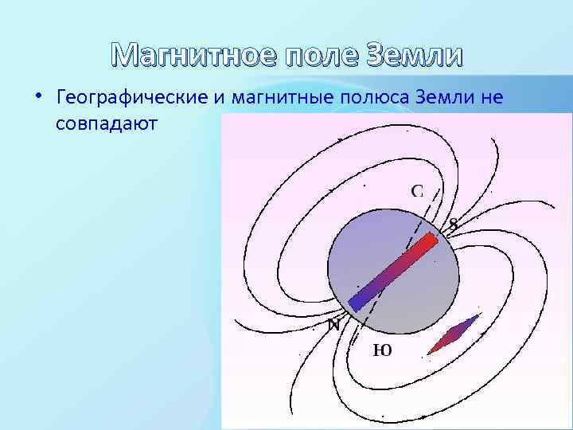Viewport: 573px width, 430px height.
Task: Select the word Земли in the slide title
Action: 414,55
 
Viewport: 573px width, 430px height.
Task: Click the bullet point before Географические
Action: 38,97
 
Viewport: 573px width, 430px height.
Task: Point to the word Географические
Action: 131,98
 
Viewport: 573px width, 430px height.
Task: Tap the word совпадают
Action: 107,124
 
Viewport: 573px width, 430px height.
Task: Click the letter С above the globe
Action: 417,190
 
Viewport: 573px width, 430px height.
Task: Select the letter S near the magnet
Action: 453,225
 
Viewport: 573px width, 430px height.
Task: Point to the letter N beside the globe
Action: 334,325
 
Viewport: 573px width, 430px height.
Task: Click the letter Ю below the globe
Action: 382,350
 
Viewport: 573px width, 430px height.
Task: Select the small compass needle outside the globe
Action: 454,334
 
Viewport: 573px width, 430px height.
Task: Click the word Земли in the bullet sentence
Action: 458,98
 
